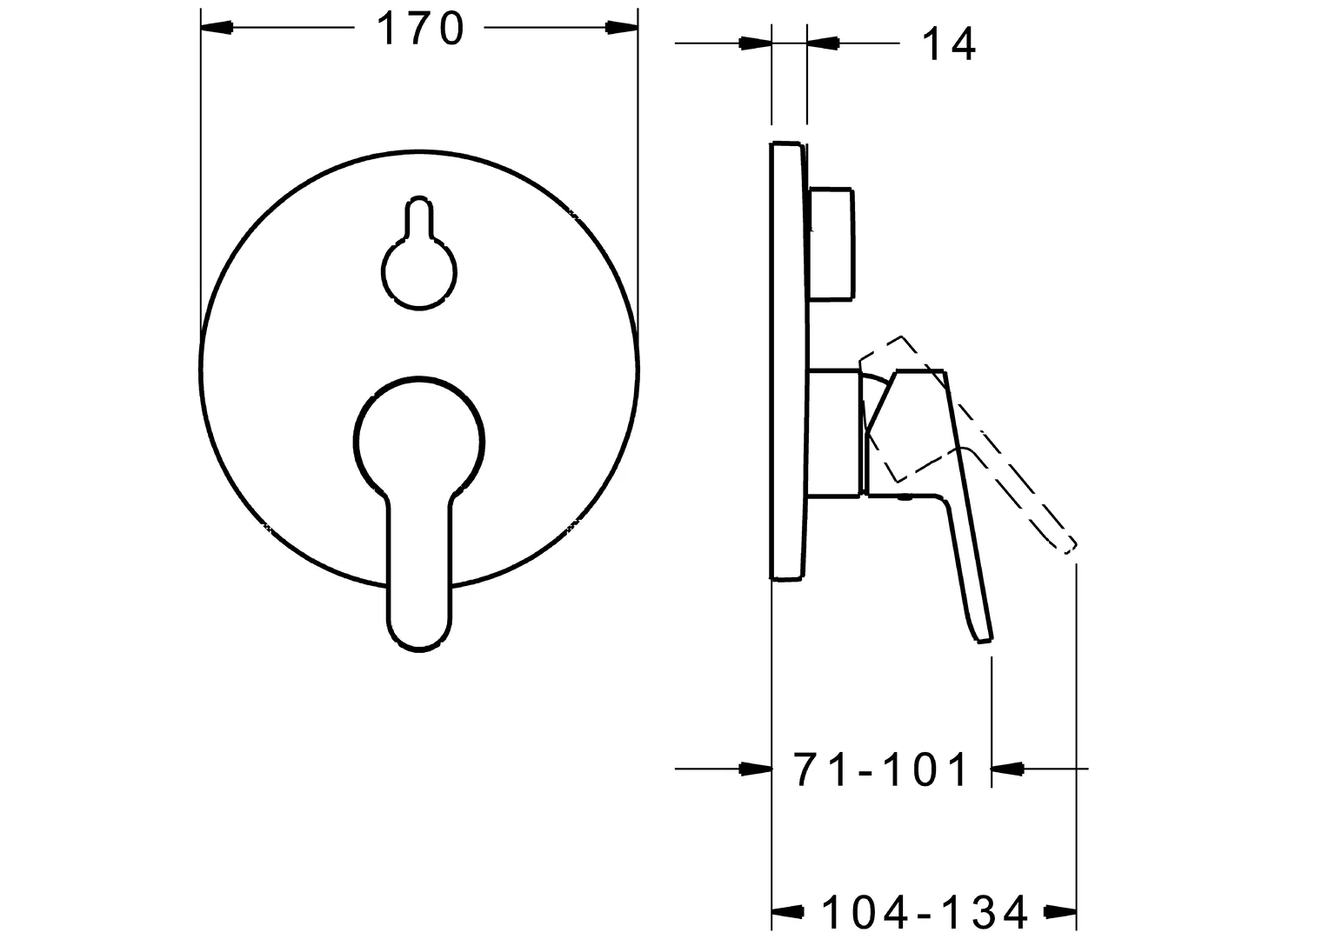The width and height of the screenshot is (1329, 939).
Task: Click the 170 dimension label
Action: pyautogui.click(x=419, y=29)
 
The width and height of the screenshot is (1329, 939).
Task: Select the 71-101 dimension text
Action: pyautogui.click(x=880, y=769)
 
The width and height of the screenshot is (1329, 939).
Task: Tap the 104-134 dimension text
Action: pyautogui.click(x=925, y=912)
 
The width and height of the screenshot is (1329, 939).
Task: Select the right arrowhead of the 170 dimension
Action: pyautogui.click(x=621, y=28)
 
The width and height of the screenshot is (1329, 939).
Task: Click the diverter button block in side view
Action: pyautogui.click(x=831, y=243)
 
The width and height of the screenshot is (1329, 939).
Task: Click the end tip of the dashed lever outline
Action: pyautogui.click(x=1068, y=545)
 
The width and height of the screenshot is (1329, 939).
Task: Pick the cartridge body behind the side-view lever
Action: pyautogui.click(x=835, y=433)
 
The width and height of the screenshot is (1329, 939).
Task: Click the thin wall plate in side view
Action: pyautogui.click(x=786, y=361)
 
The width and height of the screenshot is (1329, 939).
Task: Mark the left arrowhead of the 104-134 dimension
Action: pyautogui.click(x=788, y=912)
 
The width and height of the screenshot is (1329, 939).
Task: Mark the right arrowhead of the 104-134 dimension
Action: pyautogui.click(x=1062, y=912)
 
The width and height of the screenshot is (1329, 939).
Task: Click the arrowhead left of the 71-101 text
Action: pyautogui.click(x=755, y=769)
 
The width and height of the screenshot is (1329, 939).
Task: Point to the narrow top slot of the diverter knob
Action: pyautogui.click(x=418, y=217)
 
